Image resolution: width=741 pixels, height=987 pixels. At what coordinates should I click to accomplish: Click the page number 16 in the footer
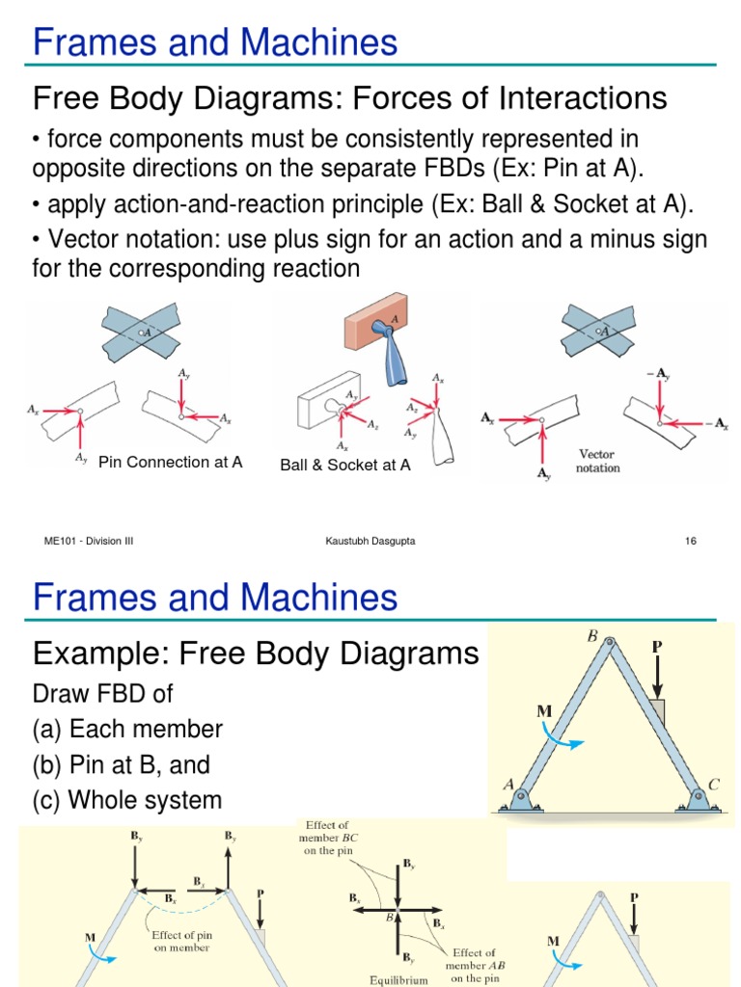pyautogui.click(x=691, y=541)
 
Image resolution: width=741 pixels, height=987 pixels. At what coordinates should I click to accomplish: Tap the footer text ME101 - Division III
pyautogui.click(x=89, y=541)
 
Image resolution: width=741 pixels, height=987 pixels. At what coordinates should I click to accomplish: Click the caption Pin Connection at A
pyautogui.click(x=171, y=462)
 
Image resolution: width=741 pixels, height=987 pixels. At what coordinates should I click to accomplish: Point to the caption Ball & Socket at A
pyautogui.click(x=345, y=465)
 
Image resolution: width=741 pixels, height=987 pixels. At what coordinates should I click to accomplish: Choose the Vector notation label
pyautogui.click(x=598, y=461)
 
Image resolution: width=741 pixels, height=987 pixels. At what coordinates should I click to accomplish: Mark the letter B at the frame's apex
pyautogui.click(x=592, y=636)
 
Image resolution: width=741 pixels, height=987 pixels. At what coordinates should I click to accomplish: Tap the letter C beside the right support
pyautogui.click(x=714, y=785)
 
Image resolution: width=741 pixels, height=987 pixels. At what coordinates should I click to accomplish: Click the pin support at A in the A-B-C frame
pyautogui.click(x=519, y=799)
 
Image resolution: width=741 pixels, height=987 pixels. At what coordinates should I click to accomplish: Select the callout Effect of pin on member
pyautogui.click(x=181, y=940)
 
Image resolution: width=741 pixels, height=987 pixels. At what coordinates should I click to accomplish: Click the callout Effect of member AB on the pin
pyautogui.click(x=471, y=965)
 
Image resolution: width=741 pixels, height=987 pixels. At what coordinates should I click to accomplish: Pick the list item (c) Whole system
pyautogui.click(x=127, y=800)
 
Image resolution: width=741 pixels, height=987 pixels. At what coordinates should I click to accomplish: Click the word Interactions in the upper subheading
pyautogui.click(x=571, y=97)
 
